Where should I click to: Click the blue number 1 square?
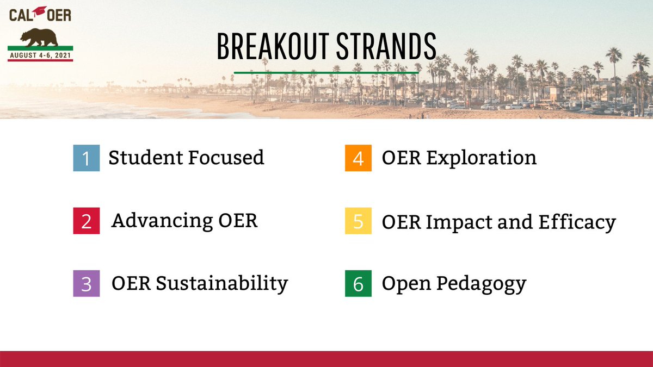coord(87,158)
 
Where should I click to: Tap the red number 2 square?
coord(87,221)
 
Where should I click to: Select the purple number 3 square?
coord(87,284)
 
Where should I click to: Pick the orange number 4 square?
coord(358,158)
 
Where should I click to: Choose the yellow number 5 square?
coord(358,221)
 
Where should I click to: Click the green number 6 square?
coord(358,284)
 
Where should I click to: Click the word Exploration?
coord(481,158)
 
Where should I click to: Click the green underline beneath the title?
coord(326,72)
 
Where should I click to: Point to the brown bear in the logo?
coord(39,38)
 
